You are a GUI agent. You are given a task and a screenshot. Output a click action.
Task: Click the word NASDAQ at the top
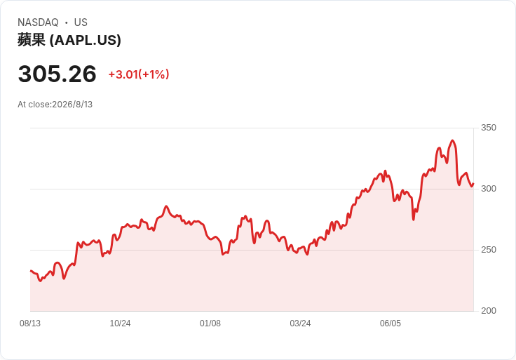pyautogui.click(x=38, y=22)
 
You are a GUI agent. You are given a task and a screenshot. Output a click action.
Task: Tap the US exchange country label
pyautogui.click(x=81, y=22)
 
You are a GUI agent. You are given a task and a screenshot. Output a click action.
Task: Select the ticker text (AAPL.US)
pyautogui.click(x=86, y=40)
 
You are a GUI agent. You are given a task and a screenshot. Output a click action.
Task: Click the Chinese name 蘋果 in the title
pyautogui.click(x=32, y=40)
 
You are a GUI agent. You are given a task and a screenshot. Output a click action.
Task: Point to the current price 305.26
pyautogui.click(x=57, y=74)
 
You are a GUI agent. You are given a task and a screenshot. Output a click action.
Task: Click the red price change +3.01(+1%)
pyautogui.click(x=139, y=74)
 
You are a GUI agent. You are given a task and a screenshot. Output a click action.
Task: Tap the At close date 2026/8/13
pyautogui.click(x=72, y=105)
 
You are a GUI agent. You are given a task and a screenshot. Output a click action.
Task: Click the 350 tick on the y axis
pyautogui.click(x=489, y=128)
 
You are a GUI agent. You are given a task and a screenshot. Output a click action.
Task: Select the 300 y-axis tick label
pyautogui.click(x=489, y=189)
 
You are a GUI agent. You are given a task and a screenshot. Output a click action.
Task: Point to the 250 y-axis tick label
pyautogui.click(x=489, y=250)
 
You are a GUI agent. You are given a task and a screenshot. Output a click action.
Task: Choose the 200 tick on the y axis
pyautogui.click(x=489, y=311)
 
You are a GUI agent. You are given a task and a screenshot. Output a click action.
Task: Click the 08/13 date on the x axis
pyautogui.click(x=30, y=324)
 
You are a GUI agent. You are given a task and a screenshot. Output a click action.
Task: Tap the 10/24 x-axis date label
pyautogui.click(x=120, y=324)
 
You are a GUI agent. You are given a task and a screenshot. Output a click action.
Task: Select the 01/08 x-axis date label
pyautogui.click(x=210, y=324)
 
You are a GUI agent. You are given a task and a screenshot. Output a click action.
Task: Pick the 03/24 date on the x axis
pyautogui.click(x=300, y=324)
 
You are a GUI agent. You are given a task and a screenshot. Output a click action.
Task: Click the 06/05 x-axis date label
pyautogui.click(x=391, y=324)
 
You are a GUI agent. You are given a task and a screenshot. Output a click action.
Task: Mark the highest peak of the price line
pyautogui.click(x=452, y=140)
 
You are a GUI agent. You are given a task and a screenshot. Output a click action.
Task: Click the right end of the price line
pyautogui.click(x=473, y=184)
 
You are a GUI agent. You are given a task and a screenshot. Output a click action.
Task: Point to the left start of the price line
pyautogui.click(x=31, y=271)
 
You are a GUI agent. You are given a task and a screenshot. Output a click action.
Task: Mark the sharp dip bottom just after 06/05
pyautogui.click(x=414, y=220)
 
